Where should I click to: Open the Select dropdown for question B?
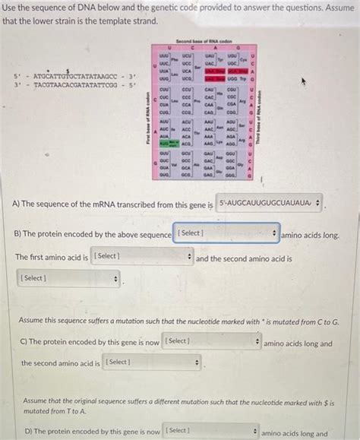226,233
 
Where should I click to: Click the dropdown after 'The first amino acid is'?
141,257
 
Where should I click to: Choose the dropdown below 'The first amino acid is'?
68,279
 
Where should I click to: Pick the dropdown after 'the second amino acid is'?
152,362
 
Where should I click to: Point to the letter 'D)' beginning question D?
28,432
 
